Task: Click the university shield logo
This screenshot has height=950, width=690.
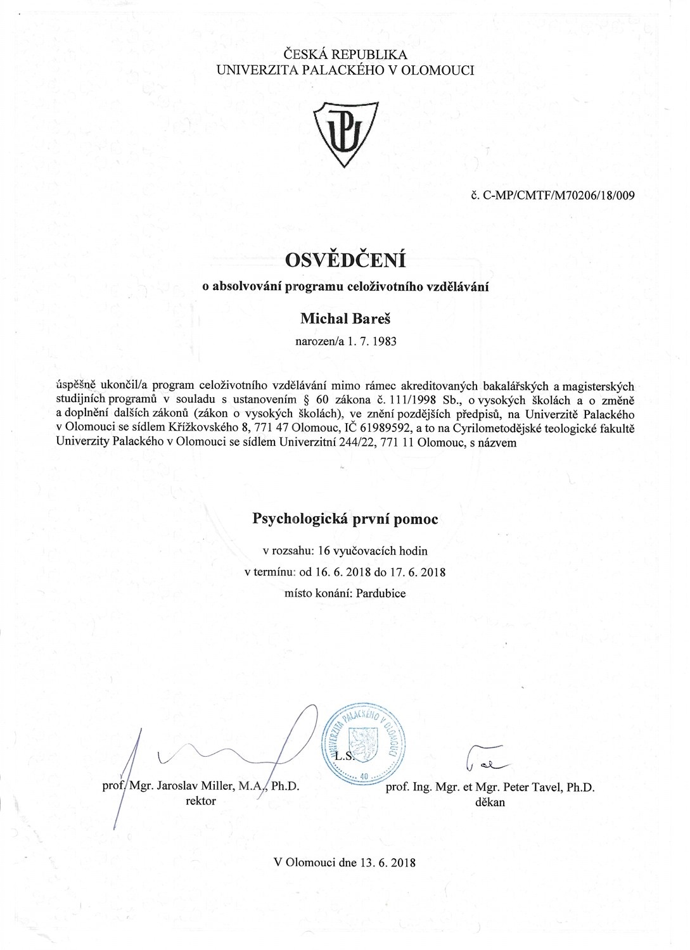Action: tap(347, 132)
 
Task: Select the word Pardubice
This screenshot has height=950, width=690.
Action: tap(381, 593)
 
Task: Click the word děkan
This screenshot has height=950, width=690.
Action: tap(489, 802)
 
